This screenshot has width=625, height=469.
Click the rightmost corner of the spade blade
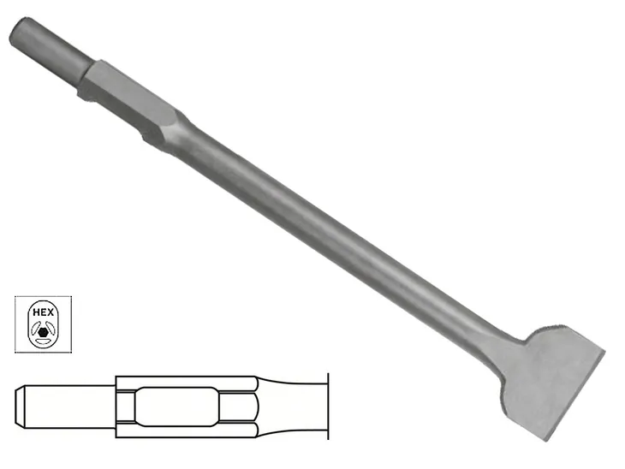click(604, 352)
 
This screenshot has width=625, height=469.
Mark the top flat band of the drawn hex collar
click(184, 382)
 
